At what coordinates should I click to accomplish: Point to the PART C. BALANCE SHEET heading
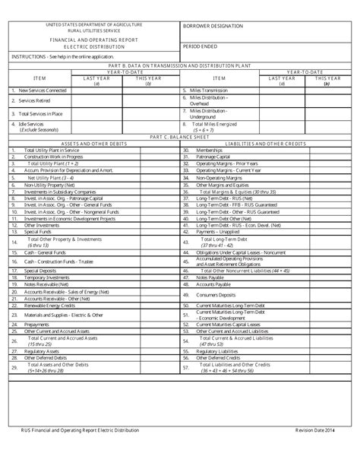click(179, 137)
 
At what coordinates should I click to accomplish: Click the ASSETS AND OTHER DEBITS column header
click(91, 143)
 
